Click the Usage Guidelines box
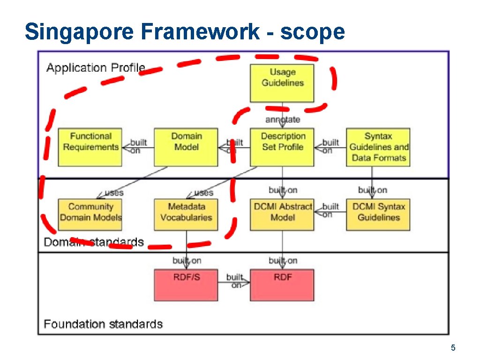point(282,83)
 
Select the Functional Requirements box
point(90,147)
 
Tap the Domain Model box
point(186,147)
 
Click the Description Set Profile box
point(282,147)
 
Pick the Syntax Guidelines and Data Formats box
point(378,147)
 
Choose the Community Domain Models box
point(90,215)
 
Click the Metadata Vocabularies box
point(186,215)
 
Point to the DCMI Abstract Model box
point(282,215)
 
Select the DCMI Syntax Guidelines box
point(378,215)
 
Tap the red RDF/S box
point(186,285)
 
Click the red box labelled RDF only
point(282,285)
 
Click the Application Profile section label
point(96,68)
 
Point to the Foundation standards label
point(103,324)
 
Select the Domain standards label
point(94,242)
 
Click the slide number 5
point(453,348)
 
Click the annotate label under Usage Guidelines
point(283,120)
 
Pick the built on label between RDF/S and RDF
point(234,281)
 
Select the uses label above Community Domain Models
point(114,193)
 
